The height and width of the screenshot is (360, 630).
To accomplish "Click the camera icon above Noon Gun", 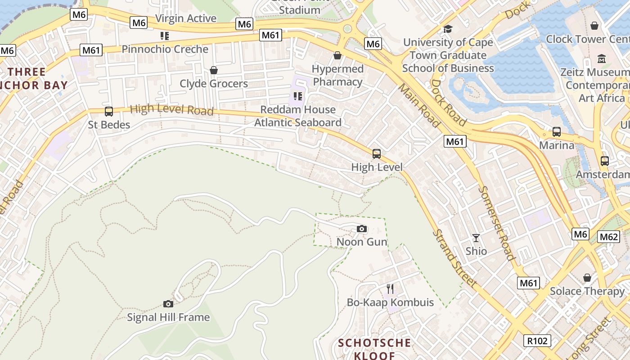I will click(x=362, y=229).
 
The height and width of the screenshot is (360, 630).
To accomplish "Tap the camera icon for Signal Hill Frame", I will click(x=168, y=304).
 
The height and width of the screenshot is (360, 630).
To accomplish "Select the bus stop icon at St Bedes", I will click(x=108, y=112).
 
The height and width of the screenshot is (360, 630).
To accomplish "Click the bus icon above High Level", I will click(x=377, y=154).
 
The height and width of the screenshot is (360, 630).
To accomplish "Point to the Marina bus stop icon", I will click(x=557, y=132).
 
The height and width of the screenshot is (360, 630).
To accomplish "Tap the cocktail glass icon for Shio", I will click(x=476, y=238).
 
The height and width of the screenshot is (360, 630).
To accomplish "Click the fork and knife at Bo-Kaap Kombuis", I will click(x=390, y=289).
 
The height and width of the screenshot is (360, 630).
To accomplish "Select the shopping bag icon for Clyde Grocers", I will click(x=214, y=71).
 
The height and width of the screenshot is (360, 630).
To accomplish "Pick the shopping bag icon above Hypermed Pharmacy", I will click(x=337, y=56).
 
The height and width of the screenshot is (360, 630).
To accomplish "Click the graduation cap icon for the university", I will click(x=448, y=29).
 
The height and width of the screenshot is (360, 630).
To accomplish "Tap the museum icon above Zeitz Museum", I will click(x=602, y=59).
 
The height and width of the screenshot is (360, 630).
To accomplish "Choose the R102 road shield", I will click(x=538, y=341).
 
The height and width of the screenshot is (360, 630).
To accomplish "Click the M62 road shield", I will click(x=609, y=237).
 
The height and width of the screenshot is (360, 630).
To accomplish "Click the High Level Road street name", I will click(x=171, y=109).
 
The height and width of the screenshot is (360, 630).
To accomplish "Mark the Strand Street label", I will click(x=454, y=259).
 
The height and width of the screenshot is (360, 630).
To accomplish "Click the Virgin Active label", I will click(x=186, y=18).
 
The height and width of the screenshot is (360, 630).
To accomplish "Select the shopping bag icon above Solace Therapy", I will click(x=587, y=278).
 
